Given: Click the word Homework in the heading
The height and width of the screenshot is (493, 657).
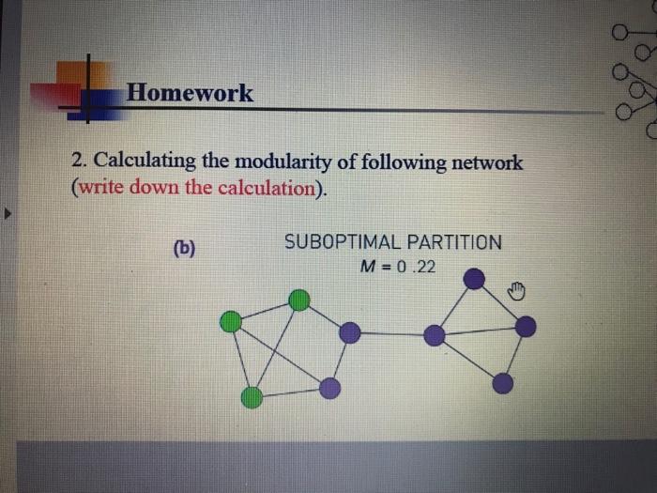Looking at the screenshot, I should tap(190, 92).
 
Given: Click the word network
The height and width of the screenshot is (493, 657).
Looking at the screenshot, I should tap(486, 162).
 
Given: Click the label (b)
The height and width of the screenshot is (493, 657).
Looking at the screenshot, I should tap(184, 249).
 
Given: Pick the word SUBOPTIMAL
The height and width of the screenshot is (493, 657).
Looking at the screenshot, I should tap(341, 242).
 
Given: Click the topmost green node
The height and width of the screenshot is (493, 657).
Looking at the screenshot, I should tap(298, 300).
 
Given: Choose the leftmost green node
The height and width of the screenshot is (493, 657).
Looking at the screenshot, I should tap(230, 323).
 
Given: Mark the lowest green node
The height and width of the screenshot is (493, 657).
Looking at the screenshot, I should tap(252, 397).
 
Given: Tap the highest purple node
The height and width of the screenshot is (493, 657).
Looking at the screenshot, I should tap(475, 278).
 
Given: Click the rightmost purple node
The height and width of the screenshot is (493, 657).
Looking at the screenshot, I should tap(526, 326).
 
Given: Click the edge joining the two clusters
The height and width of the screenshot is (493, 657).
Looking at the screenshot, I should tap(391, 334).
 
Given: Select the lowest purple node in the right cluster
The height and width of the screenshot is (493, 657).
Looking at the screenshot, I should tap(503, 383).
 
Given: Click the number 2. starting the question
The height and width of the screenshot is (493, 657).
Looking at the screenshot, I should tap(79, 162).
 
